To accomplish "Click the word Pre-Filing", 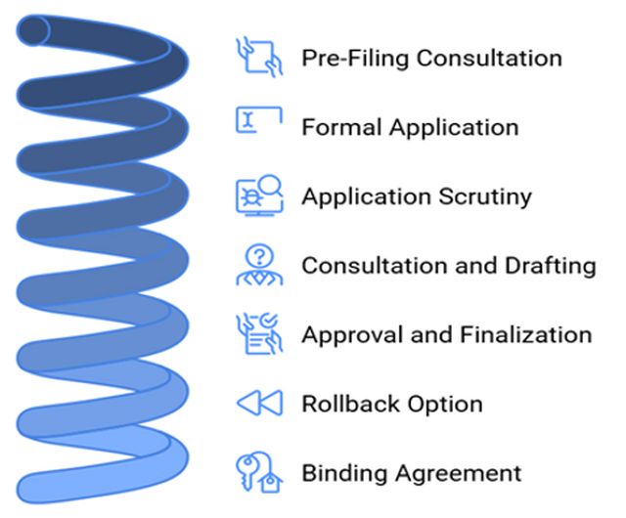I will click(x=355, y=58).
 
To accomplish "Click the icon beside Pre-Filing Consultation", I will click(x=259, y=57).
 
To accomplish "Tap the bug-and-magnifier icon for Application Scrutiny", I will click(x=259, y=194).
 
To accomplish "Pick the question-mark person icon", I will click(x=259, y=264).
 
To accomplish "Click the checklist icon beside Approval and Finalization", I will click(x=259, y=333).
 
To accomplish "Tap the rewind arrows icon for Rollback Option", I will click(x=259, y=403).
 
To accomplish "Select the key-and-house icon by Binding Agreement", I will click(x=259, y=472).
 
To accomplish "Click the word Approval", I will click(x=344, y=336).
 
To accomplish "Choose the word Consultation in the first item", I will click(x=489, y=58).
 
